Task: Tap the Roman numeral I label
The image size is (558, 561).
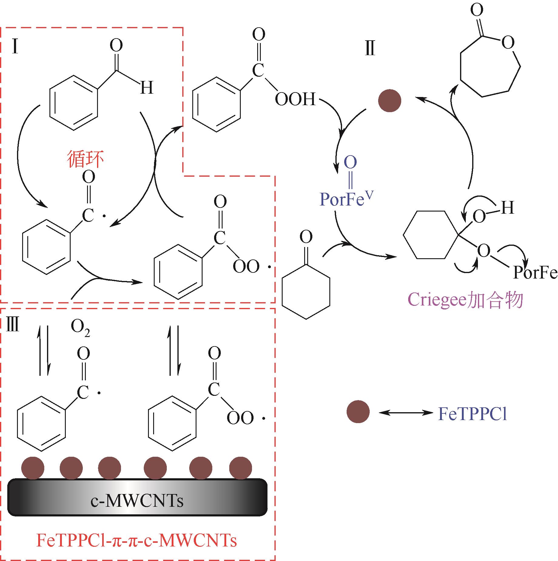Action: click(x=15, y=47)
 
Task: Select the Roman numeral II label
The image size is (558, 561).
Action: click(x=370, y=48)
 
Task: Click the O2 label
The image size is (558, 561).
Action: click(x=80, y=327)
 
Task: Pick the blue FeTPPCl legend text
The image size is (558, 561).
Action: click(x=472, y=414)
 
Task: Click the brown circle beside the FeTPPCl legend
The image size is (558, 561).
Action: click(x=358, y=411)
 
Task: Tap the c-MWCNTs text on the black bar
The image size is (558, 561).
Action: click(x=137, y=501)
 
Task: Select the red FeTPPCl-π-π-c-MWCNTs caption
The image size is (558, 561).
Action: click(x=136, y=540)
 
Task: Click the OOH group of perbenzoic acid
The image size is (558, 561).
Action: click(x=295, y=99)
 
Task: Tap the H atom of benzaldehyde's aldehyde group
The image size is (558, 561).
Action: click(x=146, y=88)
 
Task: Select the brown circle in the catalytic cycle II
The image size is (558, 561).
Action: click(x=390, y=101)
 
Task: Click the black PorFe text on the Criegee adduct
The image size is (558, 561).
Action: click(x=535, y=273)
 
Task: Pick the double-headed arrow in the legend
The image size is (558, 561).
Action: click(x=405, y=412)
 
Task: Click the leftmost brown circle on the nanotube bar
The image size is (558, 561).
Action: click(x=33, y=468)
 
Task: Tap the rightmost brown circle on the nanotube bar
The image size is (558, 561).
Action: click(x=240, y=468)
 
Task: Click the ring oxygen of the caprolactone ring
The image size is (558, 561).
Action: click(x=508, y=42)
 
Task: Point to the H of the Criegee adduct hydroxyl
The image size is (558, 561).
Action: click(x=507, y=208)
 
